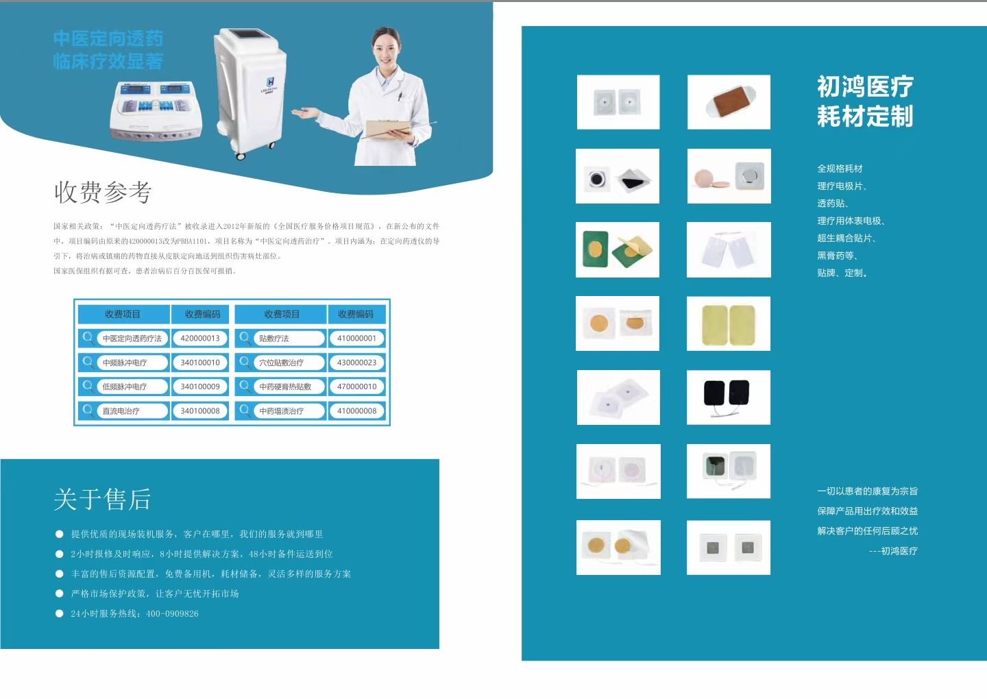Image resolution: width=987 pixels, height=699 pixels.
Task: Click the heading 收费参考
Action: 103,193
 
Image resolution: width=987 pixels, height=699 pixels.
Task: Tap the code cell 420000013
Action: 200,339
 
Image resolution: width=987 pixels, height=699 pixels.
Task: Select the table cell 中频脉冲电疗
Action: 125,363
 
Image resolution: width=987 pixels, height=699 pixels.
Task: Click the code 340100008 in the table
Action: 200,411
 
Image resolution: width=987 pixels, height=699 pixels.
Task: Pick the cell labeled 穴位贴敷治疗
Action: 281,363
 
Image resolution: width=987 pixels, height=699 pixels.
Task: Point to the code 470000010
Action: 356,387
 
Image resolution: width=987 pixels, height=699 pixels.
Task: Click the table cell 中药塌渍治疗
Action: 281,411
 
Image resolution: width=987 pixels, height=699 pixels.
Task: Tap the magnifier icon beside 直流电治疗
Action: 88,410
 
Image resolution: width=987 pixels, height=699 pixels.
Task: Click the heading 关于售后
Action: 103,500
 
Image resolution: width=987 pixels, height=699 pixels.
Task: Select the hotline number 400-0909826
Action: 172,614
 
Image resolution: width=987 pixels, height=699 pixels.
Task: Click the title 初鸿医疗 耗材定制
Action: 865,101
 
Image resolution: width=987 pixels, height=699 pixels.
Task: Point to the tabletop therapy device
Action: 157,110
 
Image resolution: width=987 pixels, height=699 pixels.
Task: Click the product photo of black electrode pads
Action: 728,397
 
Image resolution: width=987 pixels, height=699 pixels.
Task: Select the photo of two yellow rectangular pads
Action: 728,323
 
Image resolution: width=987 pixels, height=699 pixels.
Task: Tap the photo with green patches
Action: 617,249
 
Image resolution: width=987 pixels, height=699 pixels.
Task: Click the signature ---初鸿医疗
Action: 893,551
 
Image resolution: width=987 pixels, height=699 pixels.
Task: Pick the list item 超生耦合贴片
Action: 846,238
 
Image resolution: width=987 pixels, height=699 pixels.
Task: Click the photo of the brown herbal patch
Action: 728,102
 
